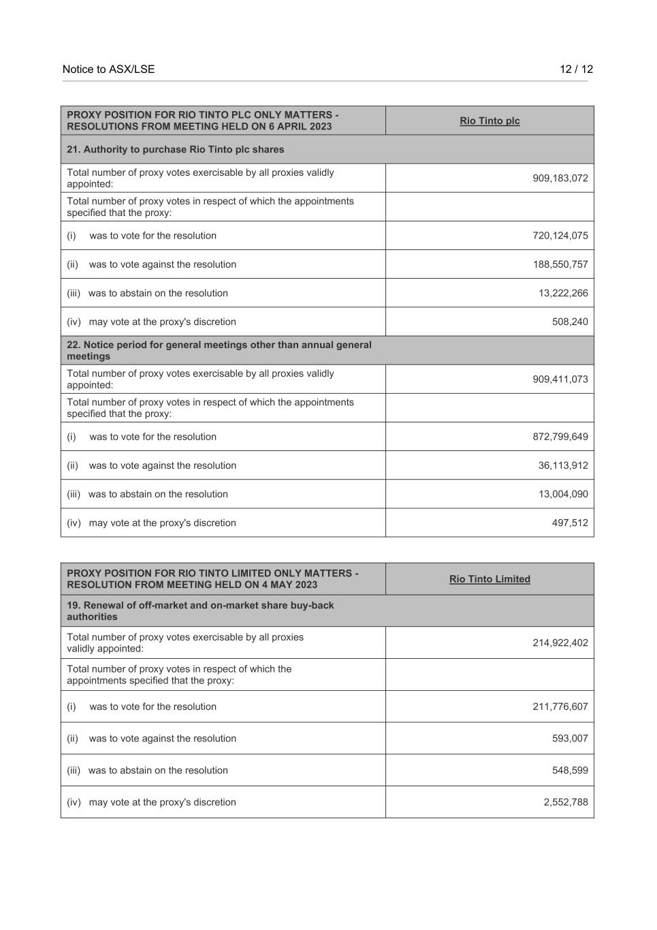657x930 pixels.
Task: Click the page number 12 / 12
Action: [576, 69]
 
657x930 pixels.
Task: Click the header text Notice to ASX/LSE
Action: [108, 69]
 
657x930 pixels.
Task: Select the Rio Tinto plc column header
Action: [490, 121]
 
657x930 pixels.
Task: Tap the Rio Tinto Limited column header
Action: [490, 579]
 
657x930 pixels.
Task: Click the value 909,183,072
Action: [560, 179]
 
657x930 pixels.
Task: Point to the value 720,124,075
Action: [560, 236]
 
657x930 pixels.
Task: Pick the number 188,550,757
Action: [560, 264]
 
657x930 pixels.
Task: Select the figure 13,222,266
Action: [562, 293]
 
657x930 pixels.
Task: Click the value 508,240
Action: [570, 322]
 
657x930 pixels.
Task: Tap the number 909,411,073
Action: [560, 379]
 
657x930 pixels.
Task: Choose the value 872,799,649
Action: [560, 437]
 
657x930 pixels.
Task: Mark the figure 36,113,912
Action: [562, 465]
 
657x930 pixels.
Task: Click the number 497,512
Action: [570, 523]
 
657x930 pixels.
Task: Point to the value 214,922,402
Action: [560, 642]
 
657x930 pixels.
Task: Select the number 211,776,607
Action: [560, 707]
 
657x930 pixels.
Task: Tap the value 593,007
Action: [570, 739]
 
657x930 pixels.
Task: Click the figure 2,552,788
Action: [565, 802]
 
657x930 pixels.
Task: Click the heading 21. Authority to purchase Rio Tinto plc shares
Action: [176, 149]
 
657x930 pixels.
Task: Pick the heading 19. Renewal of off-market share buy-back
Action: [200, 610]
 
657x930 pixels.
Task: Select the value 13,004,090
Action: [562, 494]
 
